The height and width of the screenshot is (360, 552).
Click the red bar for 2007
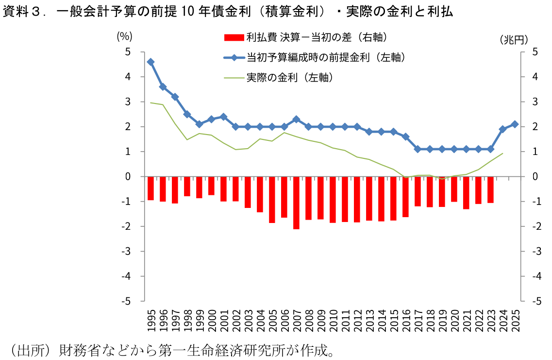tap(296, 203)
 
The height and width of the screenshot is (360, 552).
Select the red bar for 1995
tap(151, 189)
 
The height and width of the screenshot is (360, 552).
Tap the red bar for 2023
tap(490, 190)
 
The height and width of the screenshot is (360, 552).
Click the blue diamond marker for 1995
tap(151, 62)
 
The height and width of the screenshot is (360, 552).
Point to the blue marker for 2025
tap(515, 124)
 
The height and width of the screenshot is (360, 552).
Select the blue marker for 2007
tap(296, 120)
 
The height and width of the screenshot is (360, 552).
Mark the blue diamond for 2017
tap(418, 149)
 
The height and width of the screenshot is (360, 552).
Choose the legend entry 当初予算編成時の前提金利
tap(325, 57)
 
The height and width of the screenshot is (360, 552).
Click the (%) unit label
tap(124, 36)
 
